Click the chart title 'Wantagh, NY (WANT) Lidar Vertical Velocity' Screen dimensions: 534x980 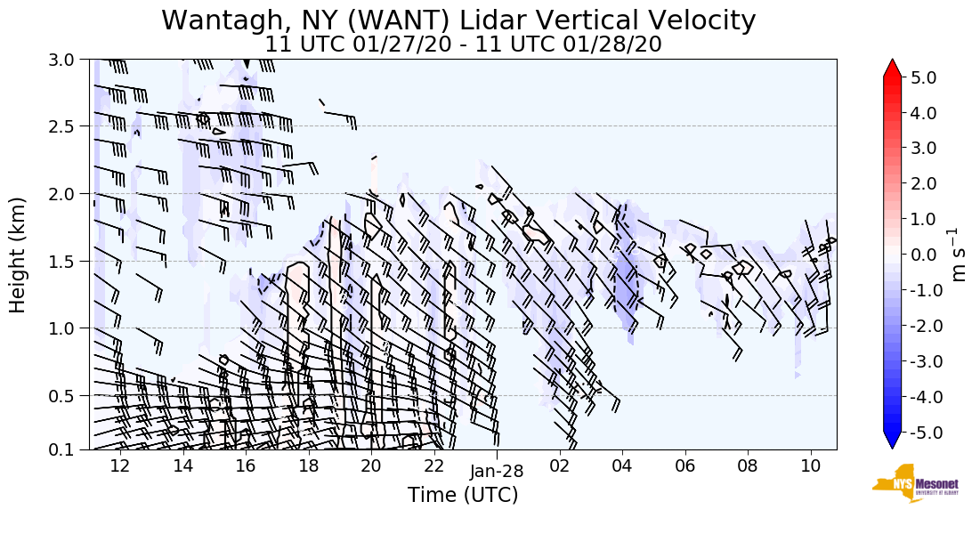458,20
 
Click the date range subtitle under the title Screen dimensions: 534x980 463,44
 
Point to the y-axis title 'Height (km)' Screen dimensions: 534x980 19,255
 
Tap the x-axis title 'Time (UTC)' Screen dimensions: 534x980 463,495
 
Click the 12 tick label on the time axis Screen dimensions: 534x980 120,465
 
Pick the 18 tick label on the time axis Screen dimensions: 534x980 308,465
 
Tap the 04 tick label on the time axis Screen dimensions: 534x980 621,465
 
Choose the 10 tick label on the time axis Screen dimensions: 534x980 810,465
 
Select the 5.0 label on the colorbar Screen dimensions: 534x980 927,77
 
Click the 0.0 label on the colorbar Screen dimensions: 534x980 927,255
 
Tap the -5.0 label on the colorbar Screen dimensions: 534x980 925,433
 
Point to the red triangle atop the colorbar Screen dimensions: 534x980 893,69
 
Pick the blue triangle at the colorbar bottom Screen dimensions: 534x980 893,441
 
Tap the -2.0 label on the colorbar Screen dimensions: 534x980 925,326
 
